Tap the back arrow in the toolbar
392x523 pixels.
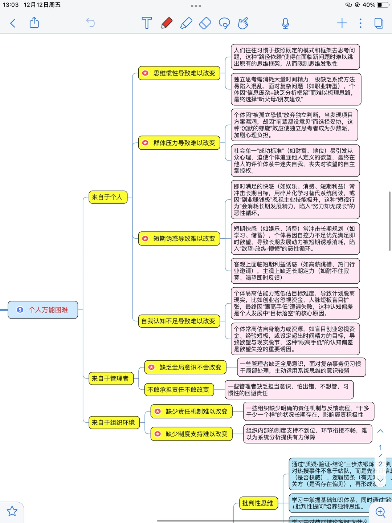13,23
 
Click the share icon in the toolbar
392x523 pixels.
34,23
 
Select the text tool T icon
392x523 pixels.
147,23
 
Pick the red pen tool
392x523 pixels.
167,23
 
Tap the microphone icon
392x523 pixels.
285,23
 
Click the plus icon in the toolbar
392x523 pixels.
342,23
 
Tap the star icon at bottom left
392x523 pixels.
12,511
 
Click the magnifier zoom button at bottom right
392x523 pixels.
380,512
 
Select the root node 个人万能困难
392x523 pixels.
43,310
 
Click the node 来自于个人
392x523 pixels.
108,197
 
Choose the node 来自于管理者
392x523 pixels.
111,378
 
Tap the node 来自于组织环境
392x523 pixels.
114,423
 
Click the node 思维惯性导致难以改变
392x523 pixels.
179,73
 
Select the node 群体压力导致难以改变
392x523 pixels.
179,143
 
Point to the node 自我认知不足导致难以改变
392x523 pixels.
179,321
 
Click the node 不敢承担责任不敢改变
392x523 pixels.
179,390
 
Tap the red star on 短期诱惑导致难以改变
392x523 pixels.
145,239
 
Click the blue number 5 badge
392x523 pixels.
20,310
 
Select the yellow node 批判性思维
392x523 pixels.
258,503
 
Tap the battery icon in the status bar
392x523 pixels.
382,5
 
